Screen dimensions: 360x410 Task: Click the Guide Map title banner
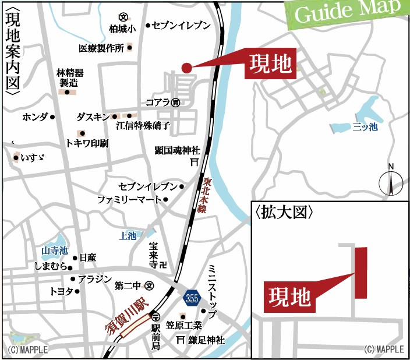[x=348, y=12]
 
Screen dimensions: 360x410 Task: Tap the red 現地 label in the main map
[x=270, y=63]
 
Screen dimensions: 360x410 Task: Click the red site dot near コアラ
[x=186, y=68]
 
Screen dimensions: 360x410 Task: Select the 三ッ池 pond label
[x=365, y=127]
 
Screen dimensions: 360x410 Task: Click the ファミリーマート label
[x=129, y=199]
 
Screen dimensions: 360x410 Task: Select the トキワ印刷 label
[x=87, y=143]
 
